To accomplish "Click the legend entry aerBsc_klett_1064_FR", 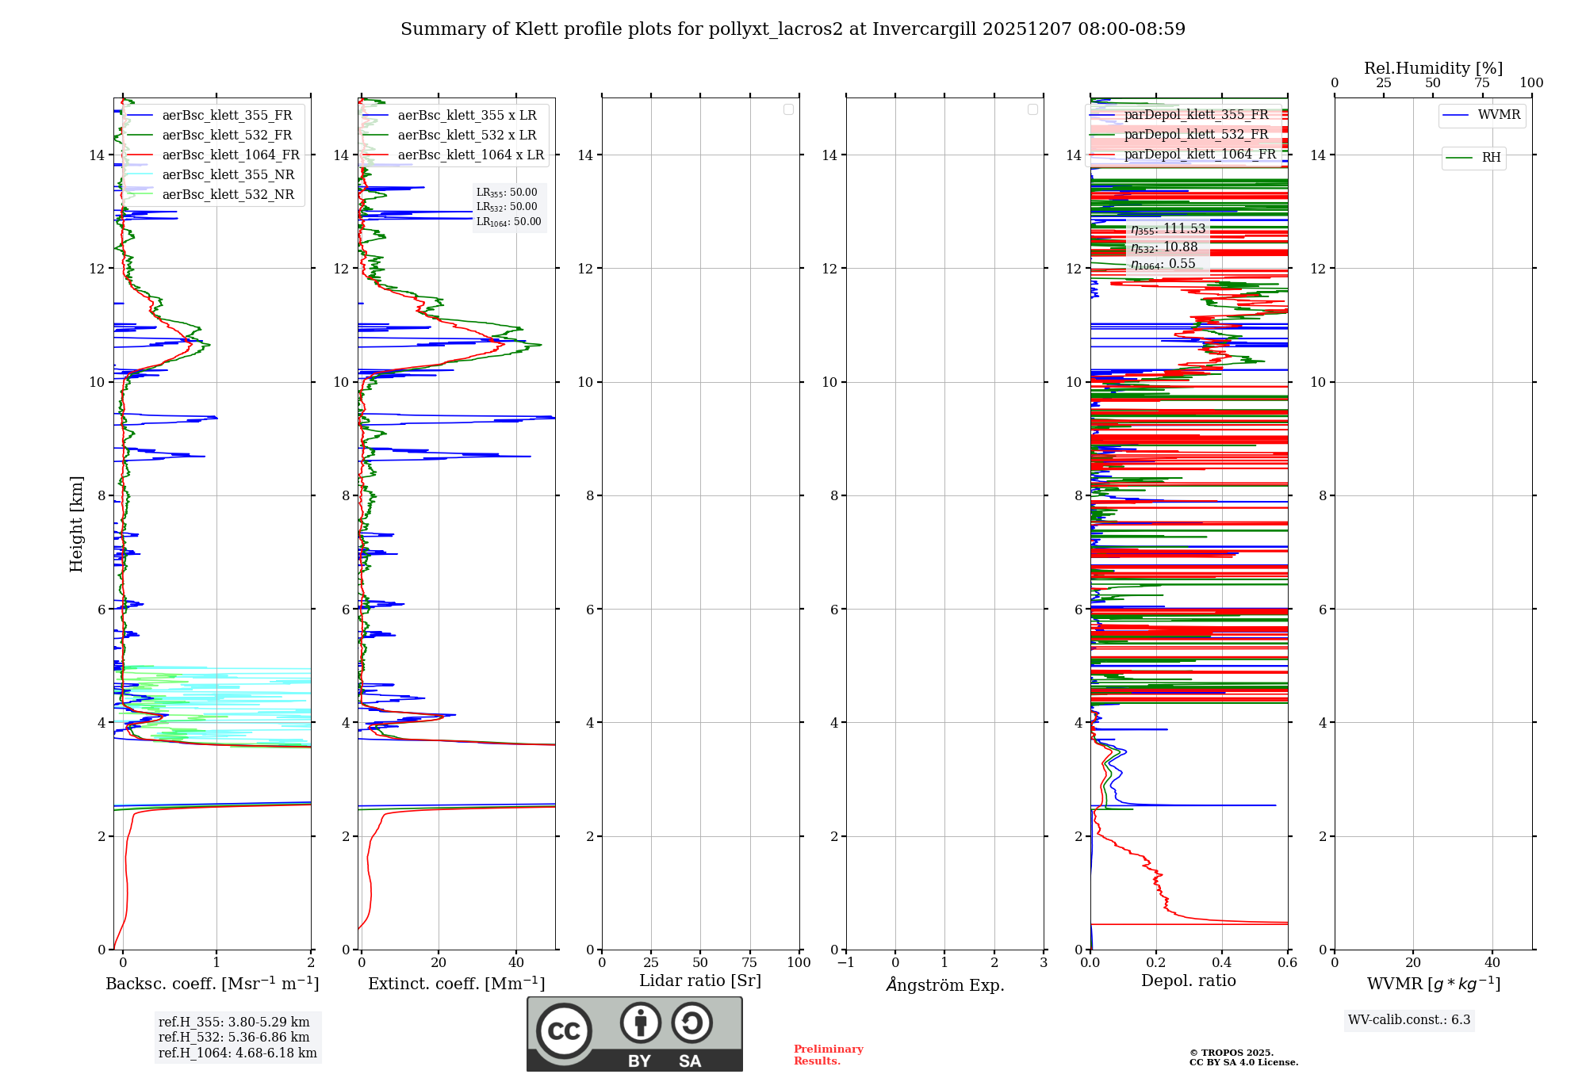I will click(x=231, y=155).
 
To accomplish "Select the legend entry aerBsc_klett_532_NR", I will click(x=228, y=195).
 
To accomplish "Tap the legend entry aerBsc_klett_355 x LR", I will click(x=466, y=116).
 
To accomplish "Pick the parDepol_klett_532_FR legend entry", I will click(x=1196, y=135).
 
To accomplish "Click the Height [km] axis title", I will click(x=76, y=524).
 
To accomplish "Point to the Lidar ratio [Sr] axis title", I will click(x=700, y=981).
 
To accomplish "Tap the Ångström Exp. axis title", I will click(x=945, y=985).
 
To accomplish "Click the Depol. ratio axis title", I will click(x=1188, y=981).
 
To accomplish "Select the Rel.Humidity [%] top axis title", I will click(x=1433, y=68).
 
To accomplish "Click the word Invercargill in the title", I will click(x=924, y=29).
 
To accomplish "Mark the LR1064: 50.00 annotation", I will click(x=508, y=222).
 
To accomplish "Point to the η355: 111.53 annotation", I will click(x=1168, y=229).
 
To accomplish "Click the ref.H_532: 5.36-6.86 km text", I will click(x=234, y=1038).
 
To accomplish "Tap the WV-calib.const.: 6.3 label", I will click(x=1409, y=1020).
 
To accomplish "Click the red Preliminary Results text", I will click(x=828, y=1055).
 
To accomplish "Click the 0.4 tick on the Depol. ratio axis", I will click(x=1222, y=963).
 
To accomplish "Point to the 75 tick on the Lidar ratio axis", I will click(x=749, y=963).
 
